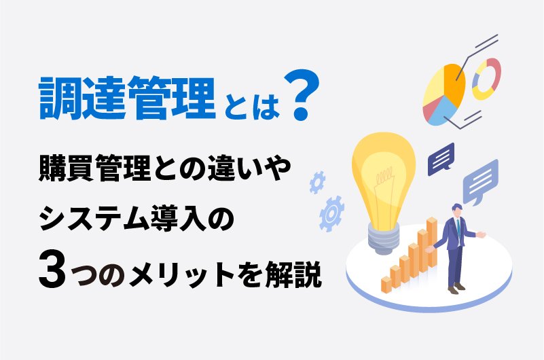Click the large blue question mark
[x=301, y=95]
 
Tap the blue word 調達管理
[x=128, y=98]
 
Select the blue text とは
[x=251, y=105]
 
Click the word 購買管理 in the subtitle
[x=94, y=168]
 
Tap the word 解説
[x=293, y=272]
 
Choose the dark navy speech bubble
[x=441, y=159]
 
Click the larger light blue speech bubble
[x=481, y=182]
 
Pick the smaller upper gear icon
[x=317, y=182]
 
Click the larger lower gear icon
[x=331, y=213]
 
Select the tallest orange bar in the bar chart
[x=432, y=241]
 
